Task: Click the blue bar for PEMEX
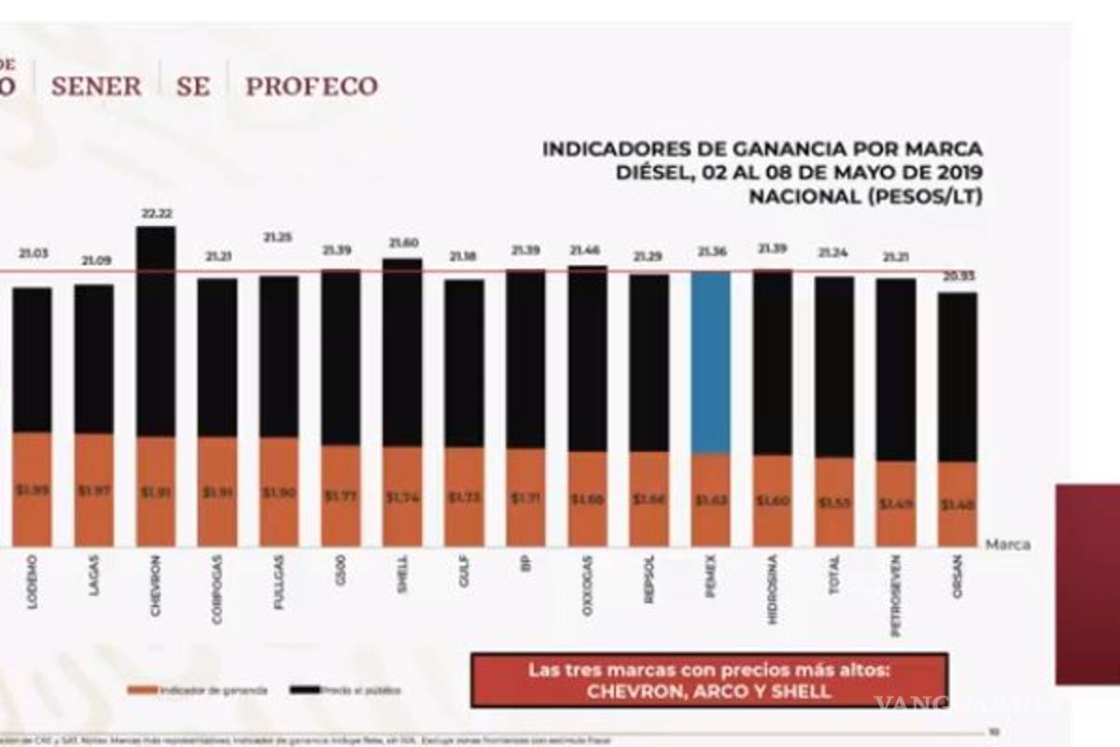point(710,362)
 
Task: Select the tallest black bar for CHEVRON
point(155,331)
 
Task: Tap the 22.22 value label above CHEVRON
point(155,214)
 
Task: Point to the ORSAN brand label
point(958,578)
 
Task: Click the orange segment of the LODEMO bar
point(32,489)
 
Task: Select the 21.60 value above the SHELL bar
point(402,243)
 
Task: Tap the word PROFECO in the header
point(312,87)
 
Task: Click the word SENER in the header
point(96,87)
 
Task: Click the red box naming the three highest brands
point(709,681)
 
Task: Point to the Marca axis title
point(1008,544)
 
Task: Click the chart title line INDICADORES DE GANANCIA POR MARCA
point(763,149)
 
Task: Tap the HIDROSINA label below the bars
point(773,589)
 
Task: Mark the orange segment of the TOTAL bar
point(834,501)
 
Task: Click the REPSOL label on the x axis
point(650,581)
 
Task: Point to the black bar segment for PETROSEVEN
point(896,369)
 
